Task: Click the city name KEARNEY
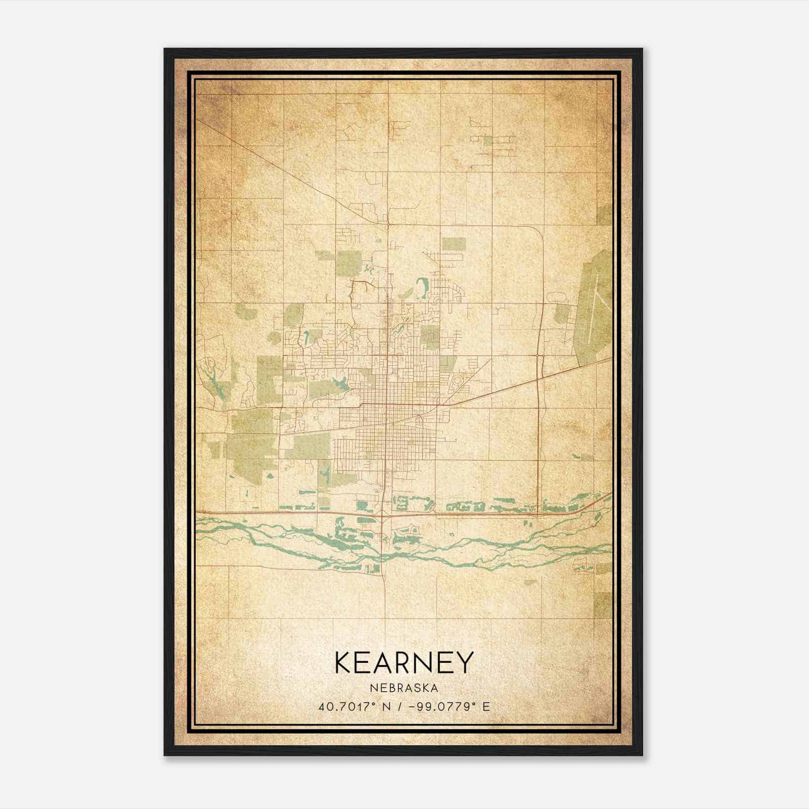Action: point(404,662)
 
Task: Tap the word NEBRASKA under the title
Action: point(404,688)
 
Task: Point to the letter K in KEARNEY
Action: point(343,662)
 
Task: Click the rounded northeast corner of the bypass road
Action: point(537,231)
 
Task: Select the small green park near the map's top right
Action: point(487,141)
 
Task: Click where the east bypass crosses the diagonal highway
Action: point(540,377)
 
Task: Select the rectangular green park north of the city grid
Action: point(453,244)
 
